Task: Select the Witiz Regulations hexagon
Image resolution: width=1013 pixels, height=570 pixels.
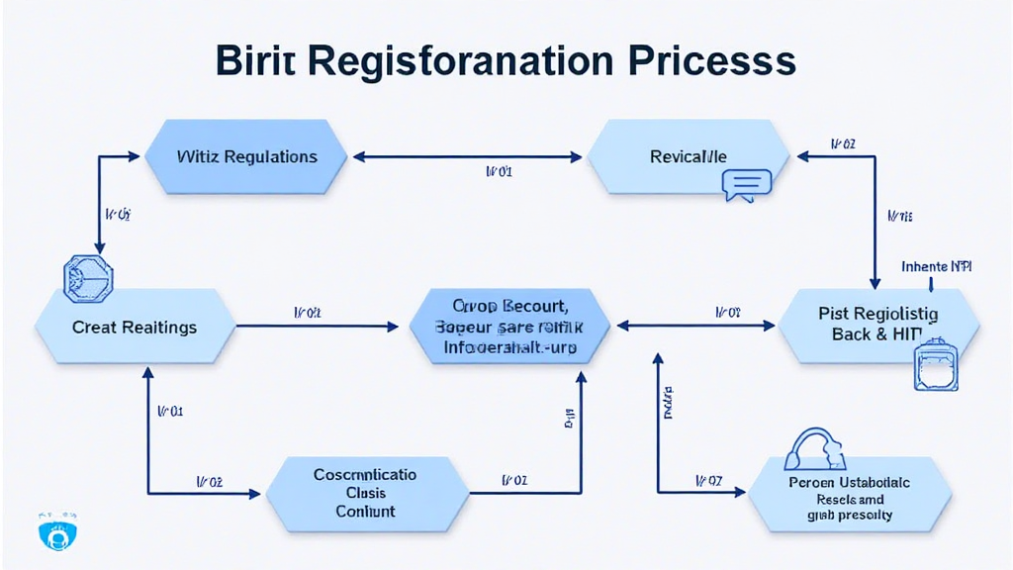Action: coord(246,156)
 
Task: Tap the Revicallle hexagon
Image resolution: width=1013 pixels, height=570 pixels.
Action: coord(689,156)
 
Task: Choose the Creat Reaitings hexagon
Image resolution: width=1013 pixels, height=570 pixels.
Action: coord(135,327)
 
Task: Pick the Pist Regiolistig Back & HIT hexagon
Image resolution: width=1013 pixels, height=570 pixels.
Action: coord(878,324)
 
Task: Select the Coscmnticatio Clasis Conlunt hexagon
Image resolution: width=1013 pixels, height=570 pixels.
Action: coord(365,493)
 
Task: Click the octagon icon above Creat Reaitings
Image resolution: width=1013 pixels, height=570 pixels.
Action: coord(88,278)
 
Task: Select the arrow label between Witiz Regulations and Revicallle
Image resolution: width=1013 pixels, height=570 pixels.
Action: coord(499,171)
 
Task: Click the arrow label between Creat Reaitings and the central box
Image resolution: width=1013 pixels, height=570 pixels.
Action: coord(308,312)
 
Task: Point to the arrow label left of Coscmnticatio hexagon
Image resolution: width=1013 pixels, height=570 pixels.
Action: coord(209,481)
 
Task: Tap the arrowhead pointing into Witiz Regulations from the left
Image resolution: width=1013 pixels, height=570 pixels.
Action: coord(135,156)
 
